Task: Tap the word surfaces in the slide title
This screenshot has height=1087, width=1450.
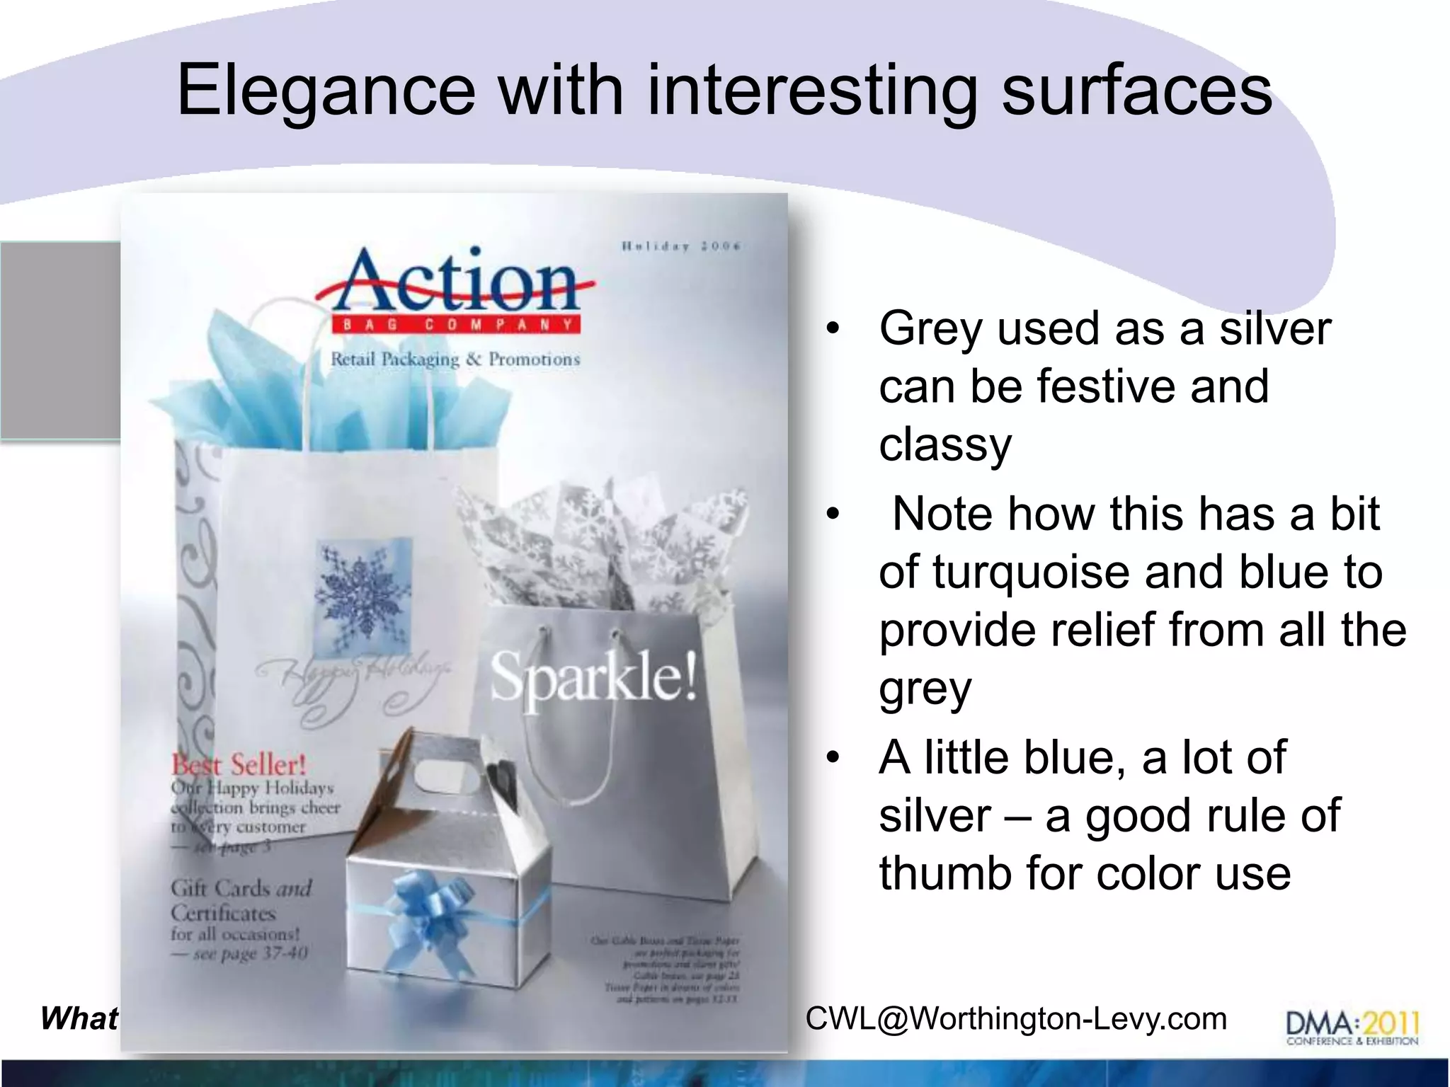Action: [x=1136, y=92]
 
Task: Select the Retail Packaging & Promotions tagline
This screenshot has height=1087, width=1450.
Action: [x=455, y=360]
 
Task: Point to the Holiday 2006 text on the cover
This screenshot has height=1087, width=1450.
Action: [x=681, y=246]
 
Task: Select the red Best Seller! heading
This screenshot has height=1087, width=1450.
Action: [x=239, y=765]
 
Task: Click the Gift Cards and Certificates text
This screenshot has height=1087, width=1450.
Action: [x=241, y=900]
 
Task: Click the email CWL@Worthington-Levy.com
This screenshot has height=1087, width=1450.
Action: [x=1016, y=1019]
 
